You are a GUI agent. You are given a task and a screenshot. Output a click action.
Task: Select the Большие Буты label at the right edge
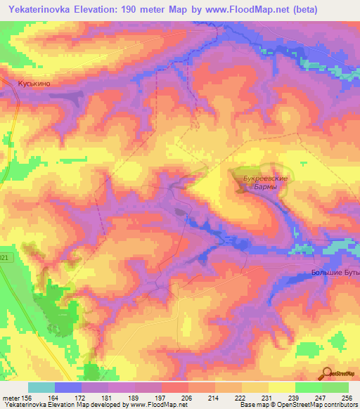[335, 272]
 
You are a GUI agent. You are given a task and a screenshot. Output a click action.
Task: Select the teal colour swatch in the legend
[41, 387]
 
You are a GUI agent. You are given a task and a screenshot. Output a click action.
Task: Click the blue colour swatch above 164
[68, 387]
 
